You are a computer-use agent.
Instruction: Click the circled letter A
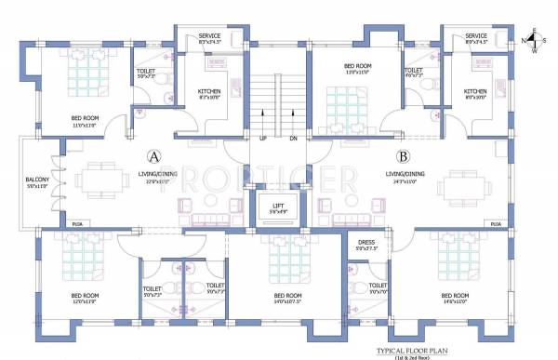(x=154, y=156)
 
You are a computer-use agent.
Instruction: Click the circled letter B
(x=403, y=156)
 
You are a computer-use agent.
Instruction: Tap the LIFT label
(x=277, y=206)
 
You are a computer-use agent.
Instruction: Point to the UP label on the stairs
(x=264, y=139)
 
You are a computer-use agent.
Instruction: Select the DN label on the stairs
(x=292, y=139)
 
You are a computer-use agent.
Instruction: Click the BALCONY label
(x=39, y=180)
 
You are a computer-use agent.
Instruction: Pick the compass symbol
(x=533, y=41)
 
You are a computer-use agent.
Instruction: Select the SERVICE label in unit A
(x=209, y=36)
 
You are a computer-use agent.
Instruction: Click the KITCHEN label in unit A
(x=210, y=91)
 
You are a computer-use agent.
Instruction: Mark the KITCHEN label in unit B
(x=475, y=91)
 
